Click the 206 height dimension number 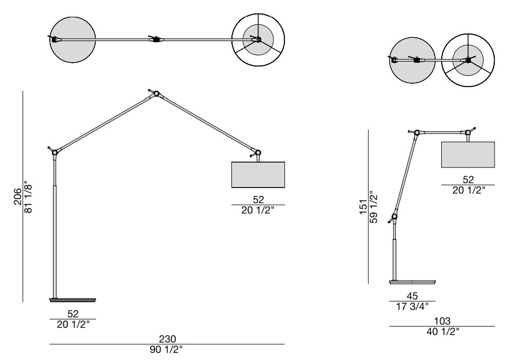(x=18, y=197)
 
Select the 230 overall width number (x=168, y=339)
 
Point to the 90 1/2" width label (x=167, y=349)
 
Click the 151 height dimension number (x=363, y=206)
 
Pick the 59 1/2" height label (x=373, y=206)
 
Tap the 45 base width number (x=412, y=296)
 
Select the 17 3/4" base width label (x=412, y=306)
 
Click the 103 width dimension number (x=442, y=321)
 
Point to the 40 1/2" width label (x=442, y=331)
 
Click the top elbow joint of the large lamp (x=156, y=94)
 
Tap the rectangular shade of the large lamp (x=258, y=174)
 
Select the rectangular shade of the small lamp (x=468, y=155)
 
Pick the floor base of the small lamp (x=412, y=282)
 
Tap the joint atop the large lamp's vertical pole (x=55, y=152)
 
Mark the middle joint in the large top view (x=156, y=39)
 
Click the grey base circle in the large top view (x=72, y=39)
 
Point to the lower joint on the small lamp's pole (x=395, y=217)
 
